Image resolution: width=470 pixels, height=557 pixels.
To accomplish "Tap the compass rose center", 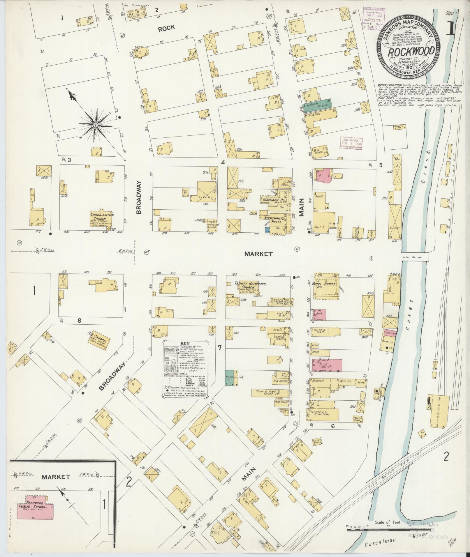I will [x=95, y=125].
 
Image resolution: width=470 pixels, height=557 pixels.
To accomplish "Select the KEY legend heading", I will [x=185, y=343].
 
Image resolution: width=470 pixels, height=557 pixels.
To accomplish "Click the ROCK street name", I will [x=166, y=28].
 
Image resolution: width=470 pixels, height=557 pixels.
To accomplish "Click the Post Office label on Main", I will [x=281, y=402].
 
